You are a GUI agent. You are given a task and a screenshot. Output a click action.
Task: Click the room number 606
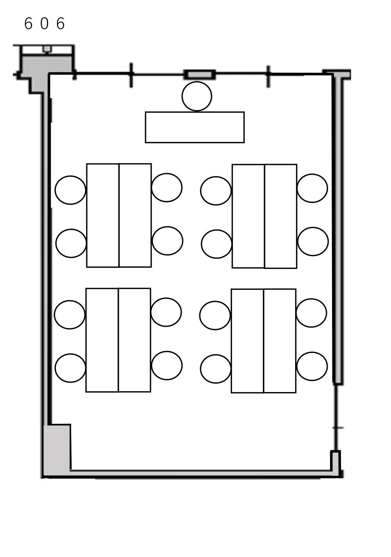click(45, 23)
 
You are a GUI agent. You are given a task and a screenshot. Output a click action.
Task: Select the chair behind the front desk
click(197, 96)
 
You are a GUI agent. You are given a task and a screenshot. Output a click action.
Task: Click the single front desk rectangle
click(195, 127)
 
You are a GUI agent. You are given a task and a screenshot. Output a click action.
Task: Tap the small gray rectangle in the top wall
click(200, 75)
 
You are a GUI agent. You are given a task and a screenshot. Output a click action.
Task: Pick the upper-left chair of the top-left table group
click(70, 190)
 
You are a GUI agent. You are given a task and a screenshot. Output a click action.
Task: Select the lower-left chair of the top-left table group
click(71, 244)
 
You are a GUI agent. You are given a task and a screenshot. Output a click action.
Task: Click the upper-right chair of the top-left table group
click(167, 188)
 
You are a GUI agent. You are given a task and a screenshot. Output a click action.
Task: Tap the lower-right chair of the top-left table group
click(167, 241)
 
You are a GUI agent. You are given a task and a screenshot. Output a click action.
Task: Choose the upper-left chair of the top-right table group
click(216, 191)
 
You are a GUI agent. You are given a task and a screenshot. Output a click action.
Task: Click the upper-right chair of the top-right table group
click(312, 188)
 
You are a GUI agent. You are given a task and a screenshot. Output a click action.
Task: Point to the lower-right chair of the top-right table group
click(313, 242)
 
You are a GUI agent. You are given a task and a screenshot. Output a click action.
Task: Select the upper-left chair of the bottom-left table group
click(70, 315)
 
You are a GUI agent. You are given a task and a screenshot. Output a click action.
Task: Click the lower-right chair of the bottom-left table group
click(167, 365)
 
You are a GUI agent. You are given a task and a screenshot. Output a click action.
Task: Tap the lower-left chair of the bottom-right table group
click(216, 369)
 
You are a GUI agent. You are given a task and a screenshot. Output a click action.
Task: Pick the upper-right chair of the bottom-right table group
click(311, 313)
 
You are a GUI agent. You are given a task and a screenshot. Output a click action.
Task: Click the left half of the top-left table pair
click(103, 216)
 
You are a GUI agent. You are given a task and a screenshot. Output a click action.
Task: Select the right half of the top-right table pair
click(281, 216)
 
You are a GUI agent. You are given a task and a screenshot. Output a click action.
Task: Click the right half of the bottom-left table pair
click(135, 340)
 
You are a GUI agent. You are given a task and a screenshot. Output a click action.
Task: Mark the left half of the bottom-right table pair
click(248, 341)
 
